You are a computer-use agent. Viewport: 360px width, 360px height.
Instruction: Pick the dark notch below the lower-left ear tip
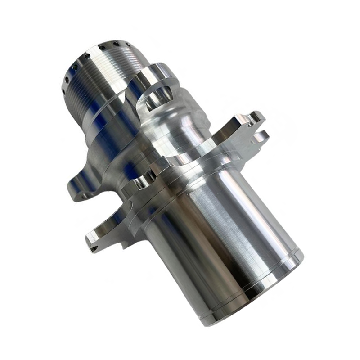[94, 247]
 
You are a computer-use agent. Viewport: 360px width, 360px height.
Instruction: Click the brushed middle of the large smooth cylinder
[216, 234]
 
